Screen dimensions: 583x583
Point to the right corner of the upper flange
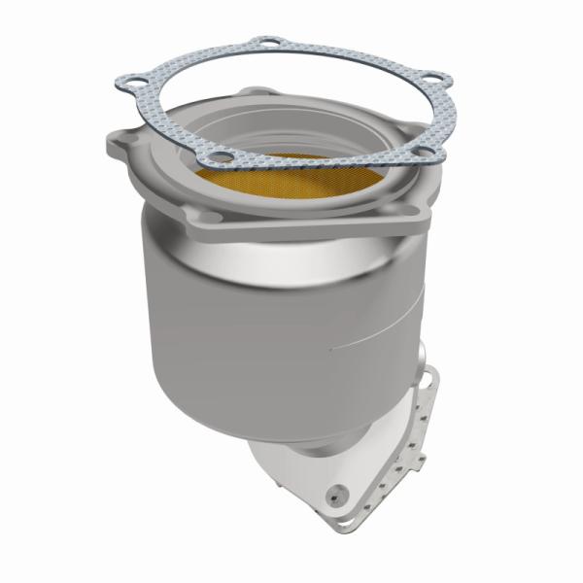coord(428,199)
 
